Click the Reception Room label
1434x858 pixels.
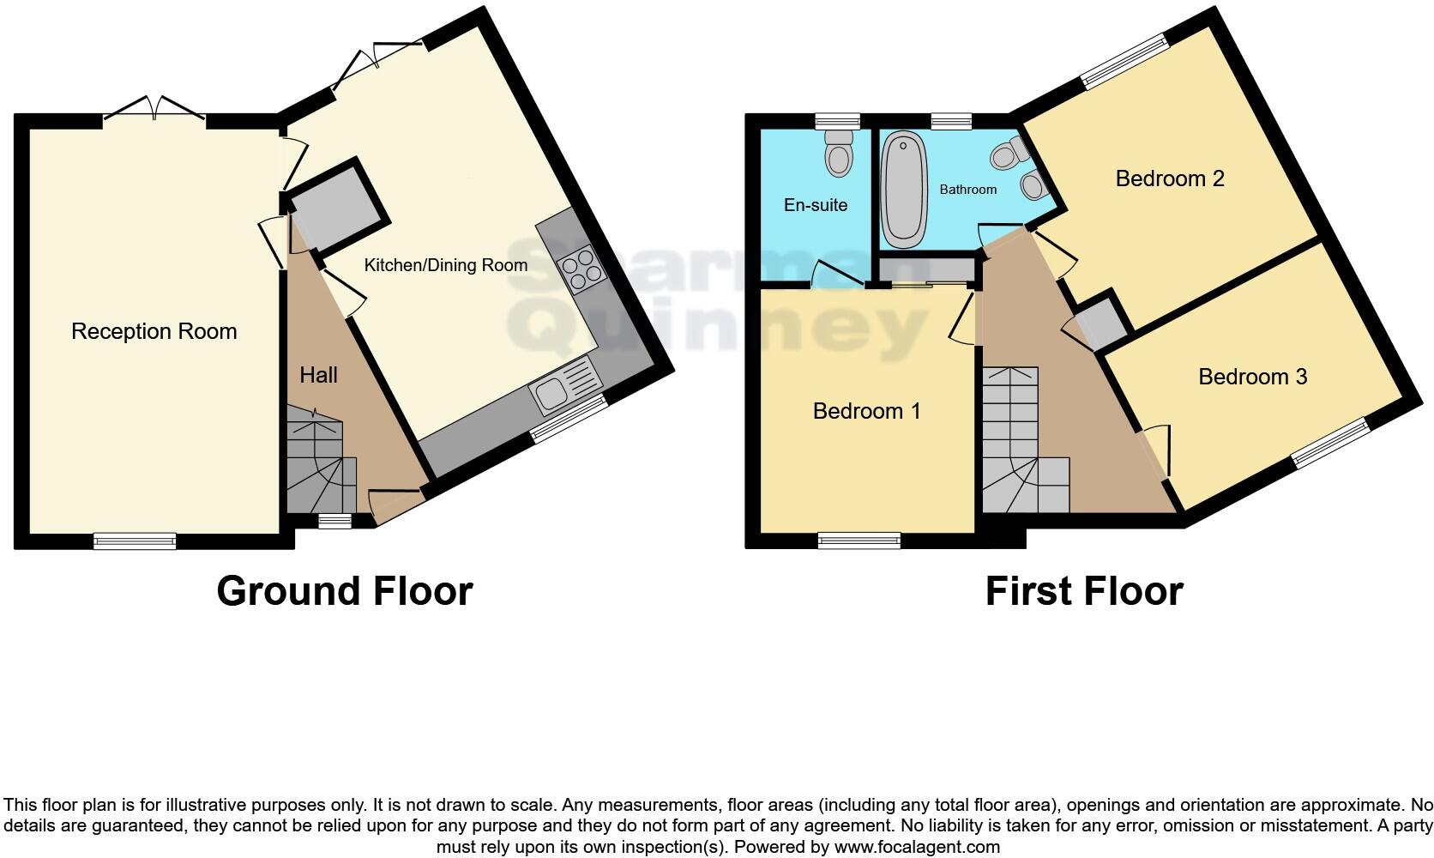[154, 331]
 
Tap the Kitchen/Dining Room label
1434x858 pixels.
[445, 265]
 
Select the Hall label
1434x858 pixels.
[318, 375]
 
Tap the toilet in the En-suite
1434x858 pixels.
[838, 154]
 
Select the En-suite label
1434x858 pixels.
[815, 205]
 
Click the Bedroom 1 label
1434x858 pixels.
[866, 411]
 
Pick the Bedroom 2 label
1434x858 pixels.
[1169, 178]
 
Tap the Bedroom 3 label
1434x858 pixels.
[1252, 377]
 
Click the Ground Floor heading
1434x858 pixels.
[344, 591]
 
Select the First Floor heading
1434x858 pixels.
[1084, 591]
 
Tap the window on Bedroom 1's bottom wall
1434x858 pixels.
[859, 540]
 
